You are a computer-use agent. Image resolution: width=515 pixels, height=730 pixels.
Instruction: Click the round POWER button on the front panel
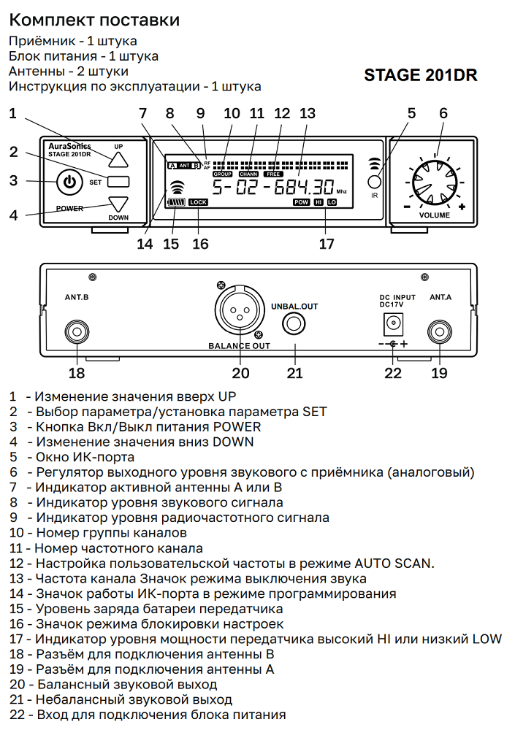coord(69,182)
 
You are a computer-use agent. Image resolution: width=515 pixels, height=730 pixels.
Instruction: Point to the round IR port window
coord(375,182)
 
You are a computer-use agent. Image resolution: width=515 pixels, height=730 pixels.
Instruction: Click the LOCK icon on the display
coord(198,201)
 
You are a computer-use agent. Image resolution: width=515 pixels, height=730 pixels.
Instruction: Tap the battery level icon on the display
coord(176,202)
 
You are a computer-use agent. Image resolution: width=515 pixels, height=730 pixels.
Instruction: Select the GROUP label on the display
coord(222,174)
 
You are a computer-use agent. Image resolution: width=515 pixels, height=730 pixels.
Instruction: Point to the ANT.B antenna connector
coord(77,331)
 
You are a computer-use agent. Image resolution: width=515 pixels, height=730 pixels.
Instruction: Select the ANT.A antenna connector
coord(440,331)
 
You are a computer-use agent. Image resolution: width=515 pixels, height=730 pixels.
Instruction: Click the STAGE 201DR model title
coord(420,75)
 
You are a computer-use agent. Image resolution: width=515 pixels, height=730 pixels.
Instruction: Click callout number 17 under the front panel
coord(326,243)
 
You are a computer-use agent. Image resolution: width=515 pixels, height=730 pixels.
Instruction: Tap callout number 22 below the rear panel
coord(393,373)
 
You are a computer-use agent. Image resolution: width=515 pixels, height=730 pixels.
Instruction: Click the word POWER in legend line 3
coord(234,426)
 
